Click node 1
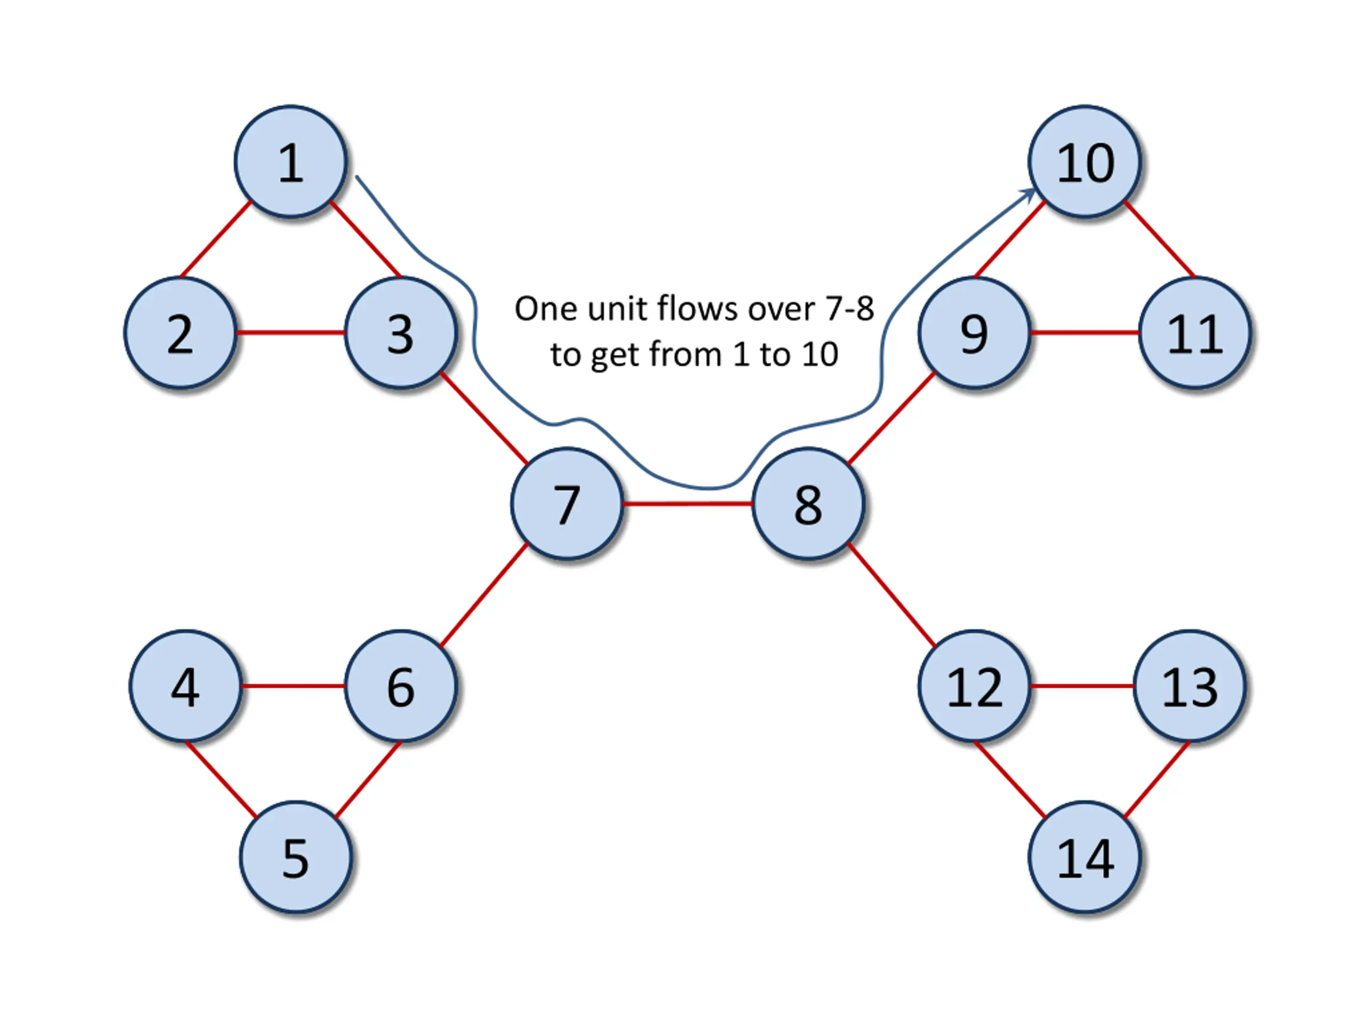[x=291, y=161]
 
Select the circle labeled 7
[x=567, y=503]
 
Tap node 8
[x=807, y=503]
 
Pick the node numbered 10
[x=1085, y=161]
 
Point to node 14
[x=1085, y=857]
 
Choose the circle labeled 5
[x=296, y=857]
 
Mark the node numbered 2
[x=180, y=333]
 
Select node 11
[x=1195, y=333]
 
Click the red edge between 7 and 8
[x=688, y=503]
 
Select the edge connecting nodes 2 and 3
[x=291, y=333]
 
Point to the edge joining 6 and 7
[x=484, y=595]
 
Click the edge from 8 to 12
[x=891, y=595]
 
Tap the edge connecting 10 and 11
[x=1160, y=239]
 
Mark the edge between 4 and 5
[x=221, y=779]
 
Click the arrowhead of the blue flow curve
[x=1028, y=196]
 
